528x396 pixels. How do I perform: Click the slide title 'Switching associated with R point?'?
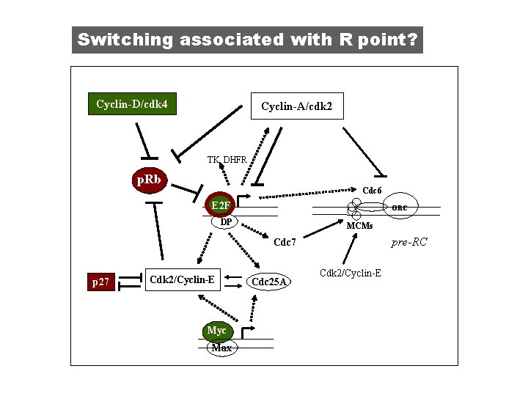point(247,40)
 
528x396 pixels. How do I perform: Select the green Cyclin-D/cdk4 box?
point(131,105)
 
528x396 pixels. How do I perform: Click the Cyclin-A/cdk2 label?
point(296,107)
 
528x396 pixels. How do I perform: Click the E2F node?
point(219,205)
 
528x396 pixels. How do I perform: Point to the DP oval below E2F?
point(227,221)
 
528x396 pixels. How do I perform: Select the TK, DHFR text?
point(227,160)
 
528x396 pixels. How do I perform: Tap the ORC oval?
point(400,208)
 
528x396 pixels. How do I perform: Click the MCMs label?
point(359,226)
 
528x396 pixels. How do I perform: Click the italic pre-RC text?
point(409,241)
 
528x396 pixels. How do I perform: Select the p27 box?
point(100,282)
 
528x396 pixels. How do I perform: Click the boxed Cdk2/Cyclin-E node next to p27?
point(182,279)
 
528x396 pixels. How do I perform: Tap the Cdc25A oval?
point(269,282)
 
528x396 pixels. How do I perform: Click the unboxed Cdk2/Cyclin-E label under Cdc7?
point(350,274)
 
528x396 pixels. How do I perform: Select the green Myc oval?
point(216,331)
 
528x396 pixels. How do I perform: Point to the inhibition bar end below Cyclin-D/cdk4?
point(147,157)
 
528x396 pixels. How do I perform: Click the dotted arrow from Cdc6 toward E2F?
point(308,192)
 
